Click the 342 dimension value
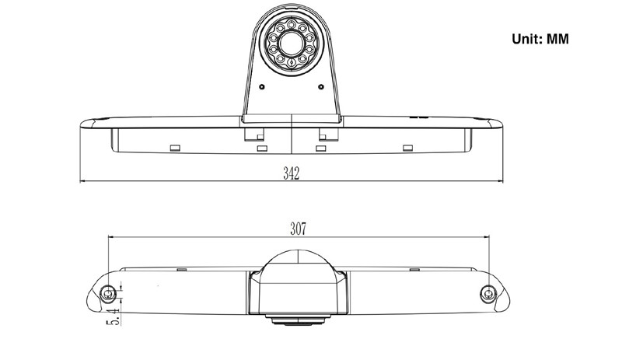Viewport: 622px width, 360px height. pos(291,173)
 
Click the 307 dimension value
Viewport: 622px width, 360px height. pos(298,229)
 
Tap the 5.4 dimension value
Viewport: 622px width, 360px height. pos(114,316)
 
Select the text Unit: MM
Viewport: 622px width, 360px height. pos(540,39)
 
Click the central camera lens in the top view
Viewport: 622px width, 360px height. pos(292,44)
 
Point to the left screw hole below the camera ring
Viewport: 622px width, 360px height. pos(262,86)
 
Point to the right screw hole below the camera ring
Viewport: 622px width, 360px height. pos(321,86)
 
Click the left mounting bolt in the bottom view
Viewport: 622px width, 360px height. pos(107,294)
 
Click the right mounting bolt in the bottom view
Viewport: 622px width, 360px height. pos(488,294)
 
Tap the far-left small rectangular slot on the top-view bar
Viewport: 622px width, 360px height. pos(175,148)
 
